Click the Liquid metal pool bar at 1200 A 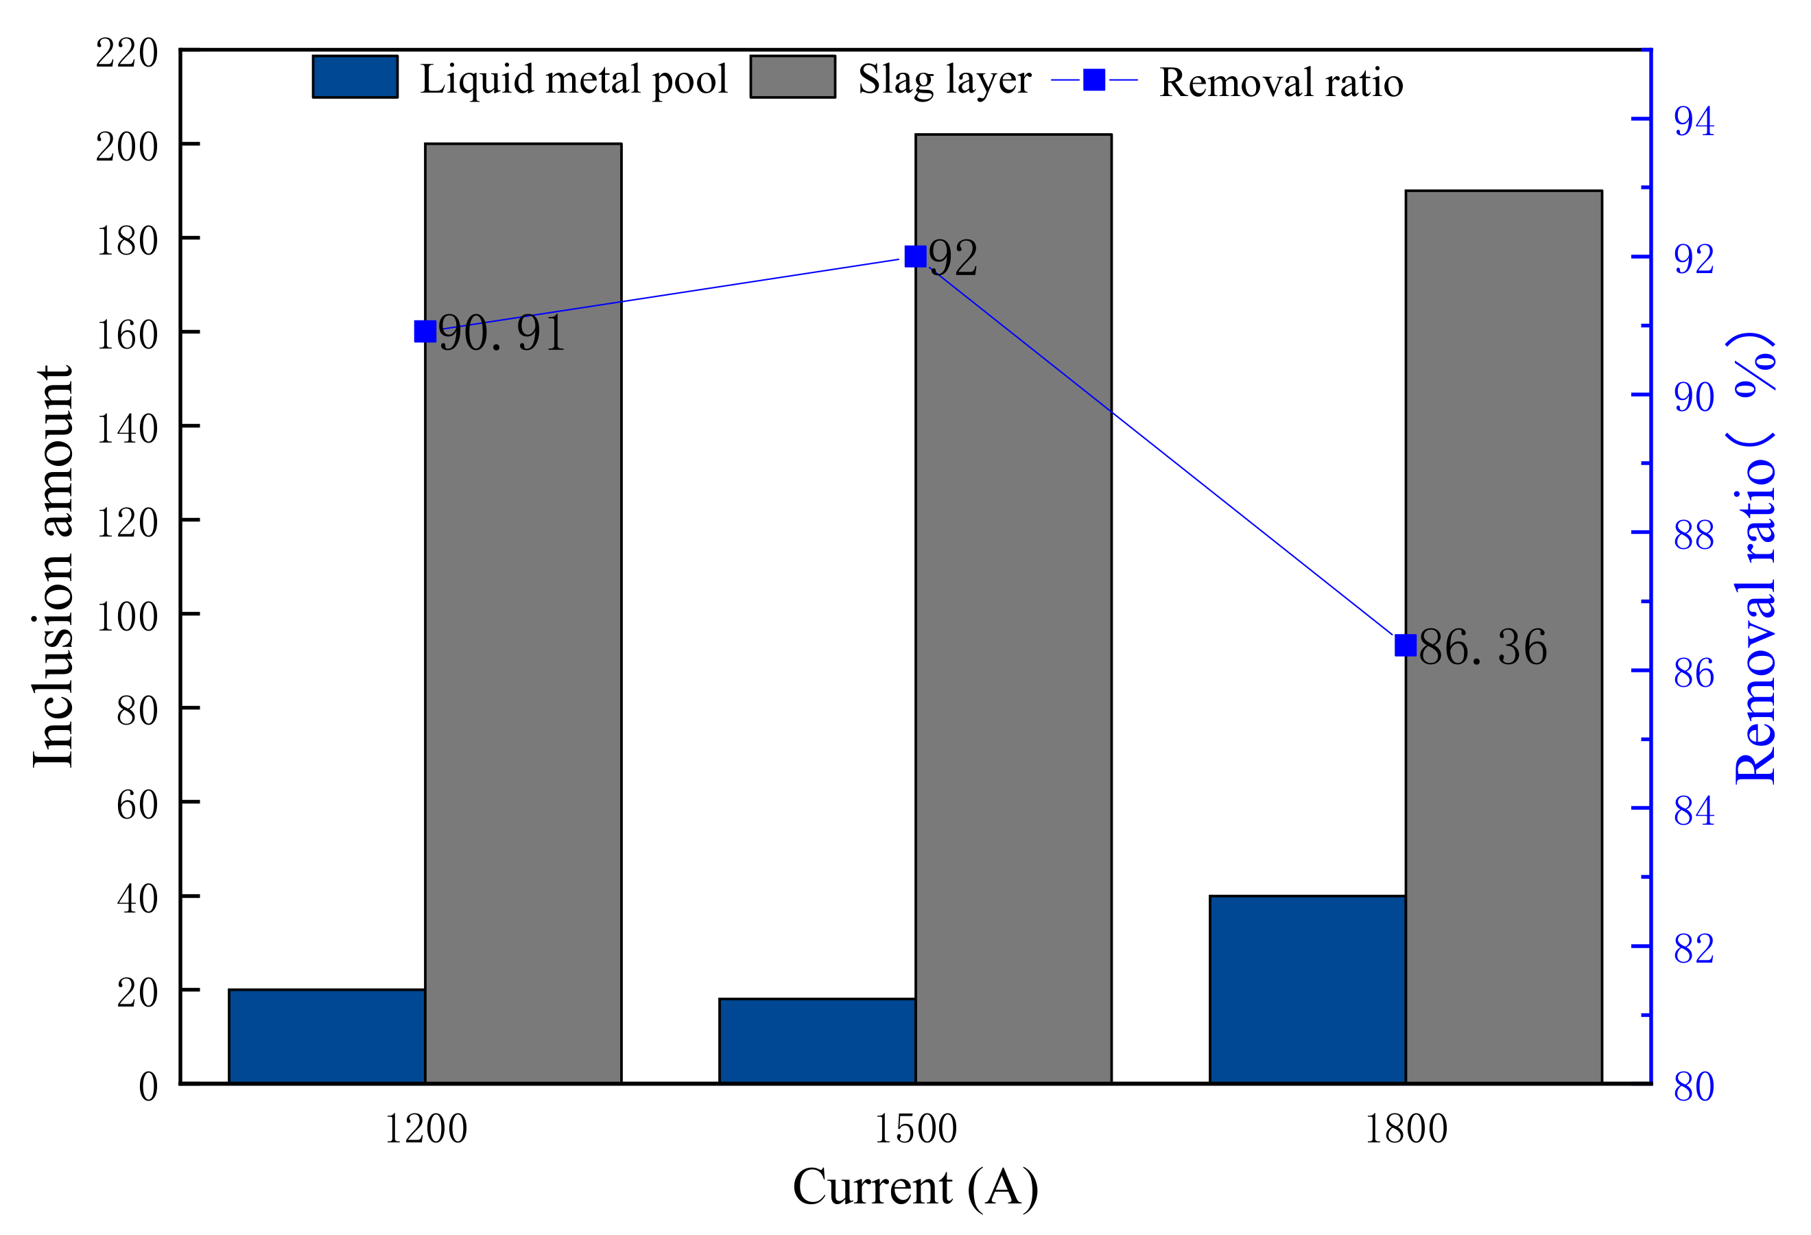pos(327,1035)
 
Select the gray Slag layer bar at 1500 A pos(1013,608)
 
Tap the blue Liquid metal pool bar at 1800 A pos(1307,989)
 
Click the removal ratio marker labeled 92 pos(916,257)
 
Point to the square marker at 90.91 pos(425,332)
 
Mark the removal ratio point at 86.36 pos(1405,645)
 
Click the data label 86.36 pos(1482,647)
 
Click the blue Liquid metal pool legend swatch pos(355,77)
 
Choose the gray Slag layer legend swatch pos(792,77)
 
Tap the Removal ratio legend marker pos(1094,80)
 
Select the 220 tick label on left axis pos(126,54)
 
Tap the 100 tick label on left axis pos(126,617)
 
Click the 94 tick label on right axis pos(1694,121)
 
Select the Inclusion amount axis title pos(53,567)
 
